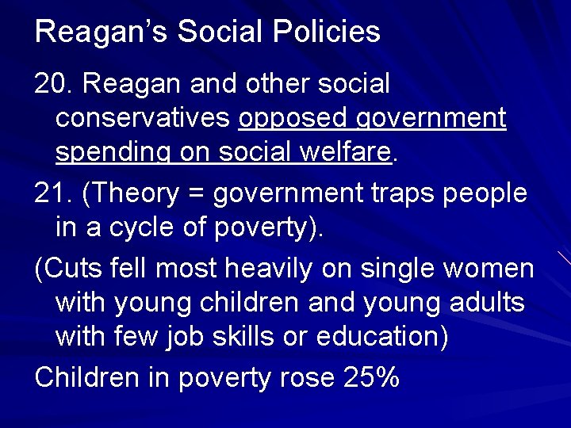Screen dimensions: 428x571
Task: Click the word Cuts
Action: tap(79, 268)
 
